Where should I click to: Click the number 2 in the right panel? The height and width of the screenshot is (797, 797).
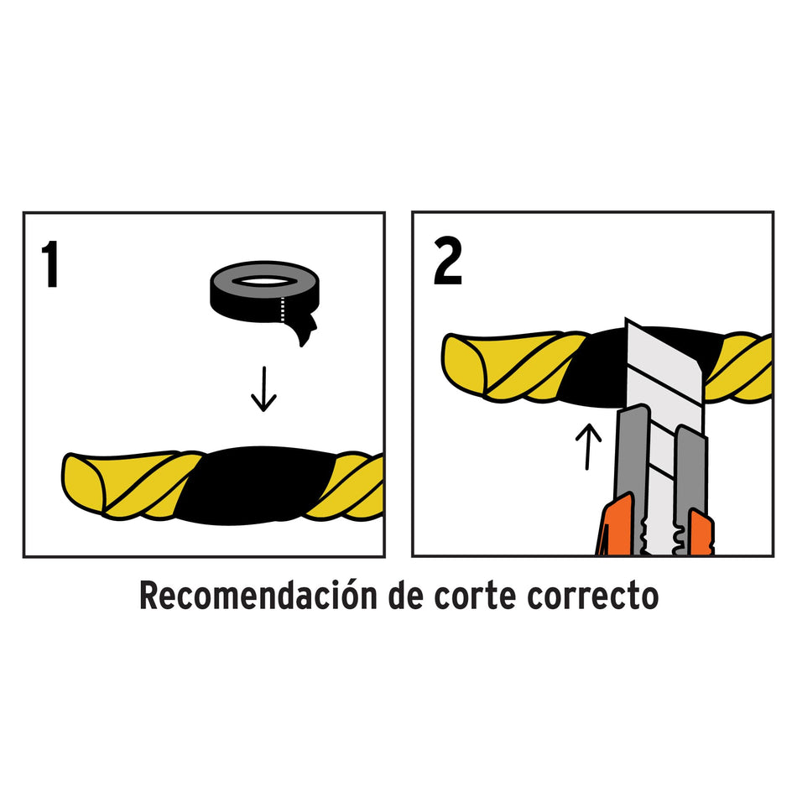click(x=447, y=263)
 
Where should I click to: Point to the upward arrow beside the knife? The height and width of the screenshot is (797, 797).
click(x=592, y=445)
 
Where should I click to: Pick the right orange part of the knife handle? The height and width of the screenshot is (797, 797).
click(x=699, y=534)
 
